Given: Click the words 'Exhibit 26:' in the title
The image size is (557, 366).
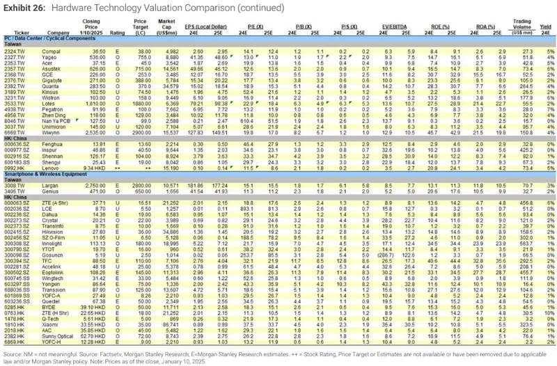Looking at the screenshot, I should click(x=25, y=8).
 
